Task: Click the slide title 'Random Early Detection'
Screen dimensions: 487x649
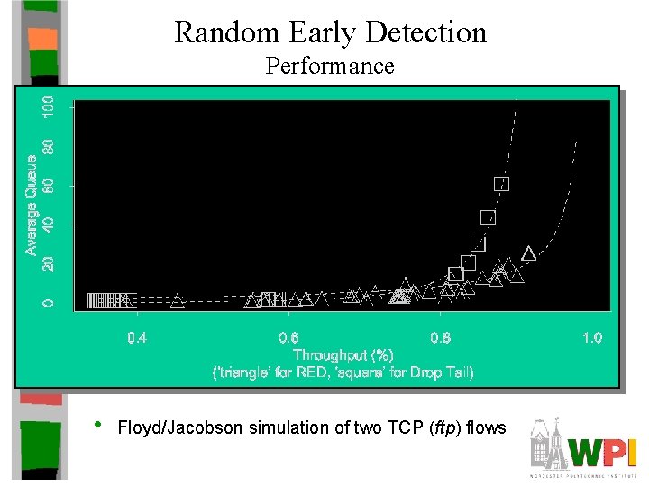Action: pos(330,33)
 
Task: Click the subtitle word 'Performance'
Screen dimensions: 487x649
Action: pos(330,66)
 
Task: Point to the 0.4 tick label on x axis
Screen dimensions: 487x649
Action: pos(137,338)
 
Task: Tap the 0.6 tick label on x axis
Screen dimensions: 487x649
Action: pos(289,338)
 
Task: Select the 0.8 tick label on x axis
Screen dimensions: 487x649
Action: pos(441,338)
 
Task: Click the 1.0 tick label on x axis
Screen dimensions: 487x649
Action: pos(591,338)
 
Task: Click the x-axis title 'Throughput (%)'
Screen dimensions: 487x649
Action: pos(343,355)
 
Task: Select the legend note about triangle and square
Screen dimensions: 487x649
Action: pos(343,372)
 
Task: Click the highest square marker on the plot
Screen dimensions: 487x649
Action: pos(502,183)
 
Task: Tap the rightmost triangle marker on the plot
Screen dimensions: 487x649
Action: pos(528,253)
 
